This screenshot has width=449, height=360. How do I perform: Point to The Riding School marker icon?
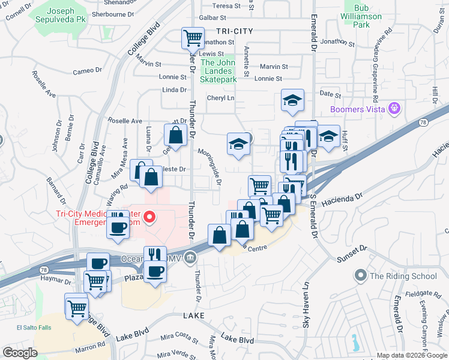(360, 276)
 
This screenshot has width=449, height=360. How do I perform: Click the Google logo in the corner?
(20, 353)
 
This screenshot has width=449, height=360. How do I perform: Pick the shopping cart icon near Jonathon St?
(193, 38)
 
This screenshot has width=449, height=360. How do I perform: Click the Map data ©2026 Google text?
(412, 355)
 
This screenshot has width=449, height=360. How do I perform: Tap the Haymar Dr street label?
(56, 280)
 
